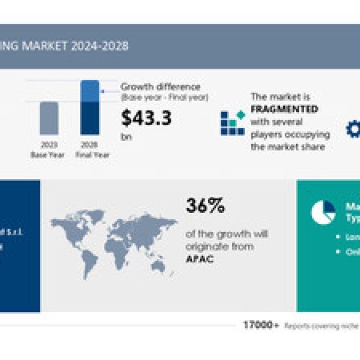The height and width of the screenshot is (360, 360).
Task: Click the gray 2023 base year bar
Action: coord(49,118)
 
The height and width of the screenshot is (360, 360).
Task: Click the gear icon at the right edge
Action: coord(353,128)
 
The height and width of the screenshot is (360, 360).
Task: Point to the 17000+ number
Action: coord(262,326)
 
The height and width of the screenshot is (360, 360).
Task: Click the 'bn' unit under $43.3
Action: coord(126,136)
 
